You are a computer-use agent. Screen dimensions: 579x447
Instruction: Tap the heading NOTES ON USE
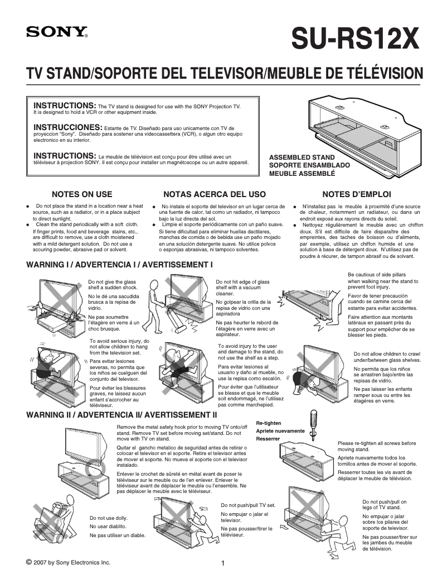point(82,195)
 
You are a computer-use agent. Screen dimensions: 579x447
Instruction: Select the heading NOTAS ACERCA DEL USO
point(215,195)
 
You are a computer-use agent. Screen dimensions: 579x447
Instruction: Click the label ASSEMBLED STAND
point(302,157)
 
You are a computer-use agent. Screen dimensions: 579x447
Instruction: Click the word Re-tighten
point(269,424)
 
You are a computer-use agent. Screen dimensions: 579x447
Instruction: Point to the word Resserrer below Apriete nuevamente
point(268,439)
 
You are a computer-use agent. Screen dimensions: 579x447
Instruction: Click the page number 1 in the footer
point(222,563)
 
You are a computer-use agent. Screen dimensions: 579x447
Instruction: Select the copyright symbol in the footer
point(29,561)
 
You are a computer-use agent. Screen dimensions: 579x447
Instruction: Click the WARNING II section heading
point(122,415)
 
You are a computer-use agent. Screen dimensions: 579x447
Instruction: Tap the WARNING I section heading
point(120,264)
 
